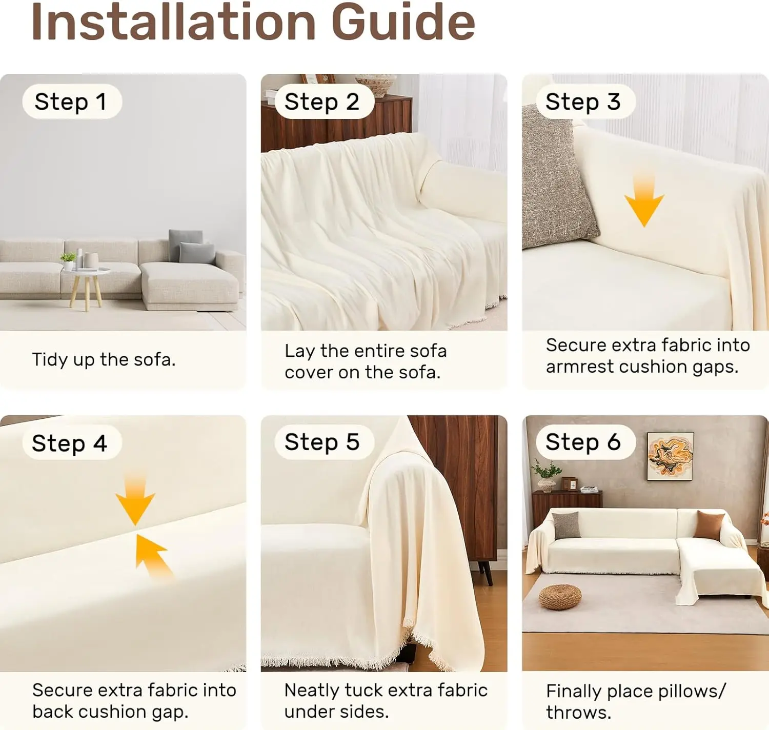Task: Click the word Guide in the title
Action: (403, 22)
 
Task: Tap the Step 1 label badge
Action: (72, 102)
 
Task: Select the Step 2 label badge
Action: (324, 102)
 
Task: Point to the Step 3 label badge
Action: (585, 102)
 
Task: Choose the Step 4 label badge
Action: (72, 442)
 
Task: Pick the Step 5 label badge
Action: (324, 442)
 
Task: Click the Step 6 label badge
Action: (585, 442)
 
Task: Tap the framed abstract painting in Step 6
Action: (671, 457)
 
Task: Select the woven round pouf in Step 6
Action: (560, 597)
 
